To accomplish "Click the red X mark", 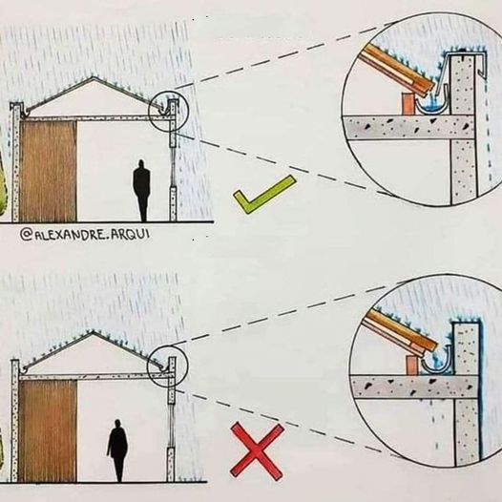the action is click(257, 450).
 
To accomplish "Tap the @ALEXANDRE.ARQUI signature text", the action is click(85, 235).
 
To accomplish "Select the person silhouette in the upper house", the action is click(141, 191).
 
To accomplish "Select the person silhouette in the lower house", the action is click(117, 450).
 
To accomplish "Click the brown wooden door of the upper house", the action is click(48, 171).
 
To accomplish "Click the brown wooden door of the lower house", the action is click(48, 430).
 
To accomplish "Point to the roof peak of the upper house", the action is click(94, 77).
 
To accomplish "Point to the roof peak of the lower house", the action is click(93, 332).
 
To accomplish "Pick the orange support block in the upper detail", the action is click(408, 103).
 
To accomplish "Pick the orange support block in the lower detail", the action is click(410, 365).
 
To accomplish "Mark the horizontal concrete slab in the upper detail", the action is click(408, 127).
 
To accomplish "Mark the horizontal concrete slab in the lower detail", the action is click(413, 387).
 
